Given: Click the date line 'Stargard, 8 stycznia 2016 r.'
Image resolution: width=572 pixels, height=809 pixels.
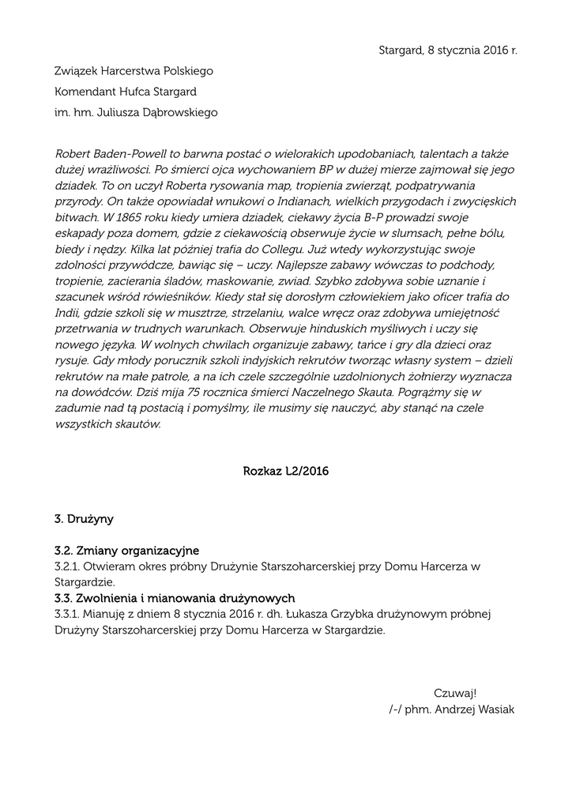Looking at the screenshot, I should (448, 50).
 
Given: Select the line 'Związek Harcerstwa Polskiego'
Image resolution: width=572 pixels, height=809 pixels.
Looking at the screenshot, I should (134, 71).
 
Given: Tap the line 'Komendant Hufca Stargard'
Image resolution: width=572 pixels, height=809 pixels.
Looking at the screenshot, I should (125, 92).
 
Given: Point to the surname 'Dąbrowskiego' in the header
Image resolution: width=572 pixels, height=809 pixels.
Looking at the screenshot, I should (179, 112).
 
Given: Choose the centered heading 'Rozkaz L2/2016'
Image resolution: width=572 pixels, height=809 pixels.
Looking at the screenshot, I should (286, 472).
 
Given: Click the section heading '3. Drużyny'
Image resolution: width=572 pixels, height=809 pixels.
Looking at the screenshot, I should (84, 519).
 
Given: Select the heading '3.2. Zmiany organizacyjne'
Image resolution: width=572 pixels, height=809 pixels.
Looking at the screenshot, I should (126, 550).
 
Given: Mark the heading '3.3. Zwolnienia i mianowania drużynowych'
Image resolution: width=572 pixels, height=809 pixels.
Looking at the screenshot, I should (175, 597).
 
